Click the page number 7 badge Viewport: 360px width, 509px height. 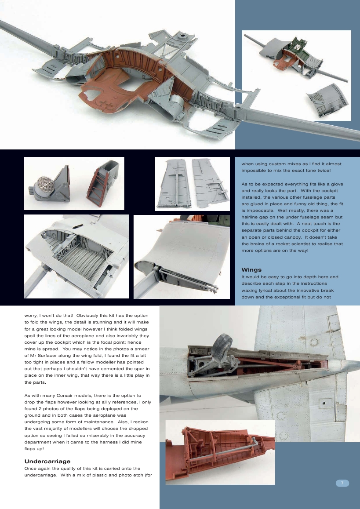(342, 483)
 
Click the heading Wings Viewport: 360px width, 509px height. (251, 269)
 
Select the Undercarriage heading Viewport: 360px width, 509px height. (47, 462)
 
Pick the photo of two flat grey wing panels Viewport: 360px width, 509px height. (193, 183)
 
